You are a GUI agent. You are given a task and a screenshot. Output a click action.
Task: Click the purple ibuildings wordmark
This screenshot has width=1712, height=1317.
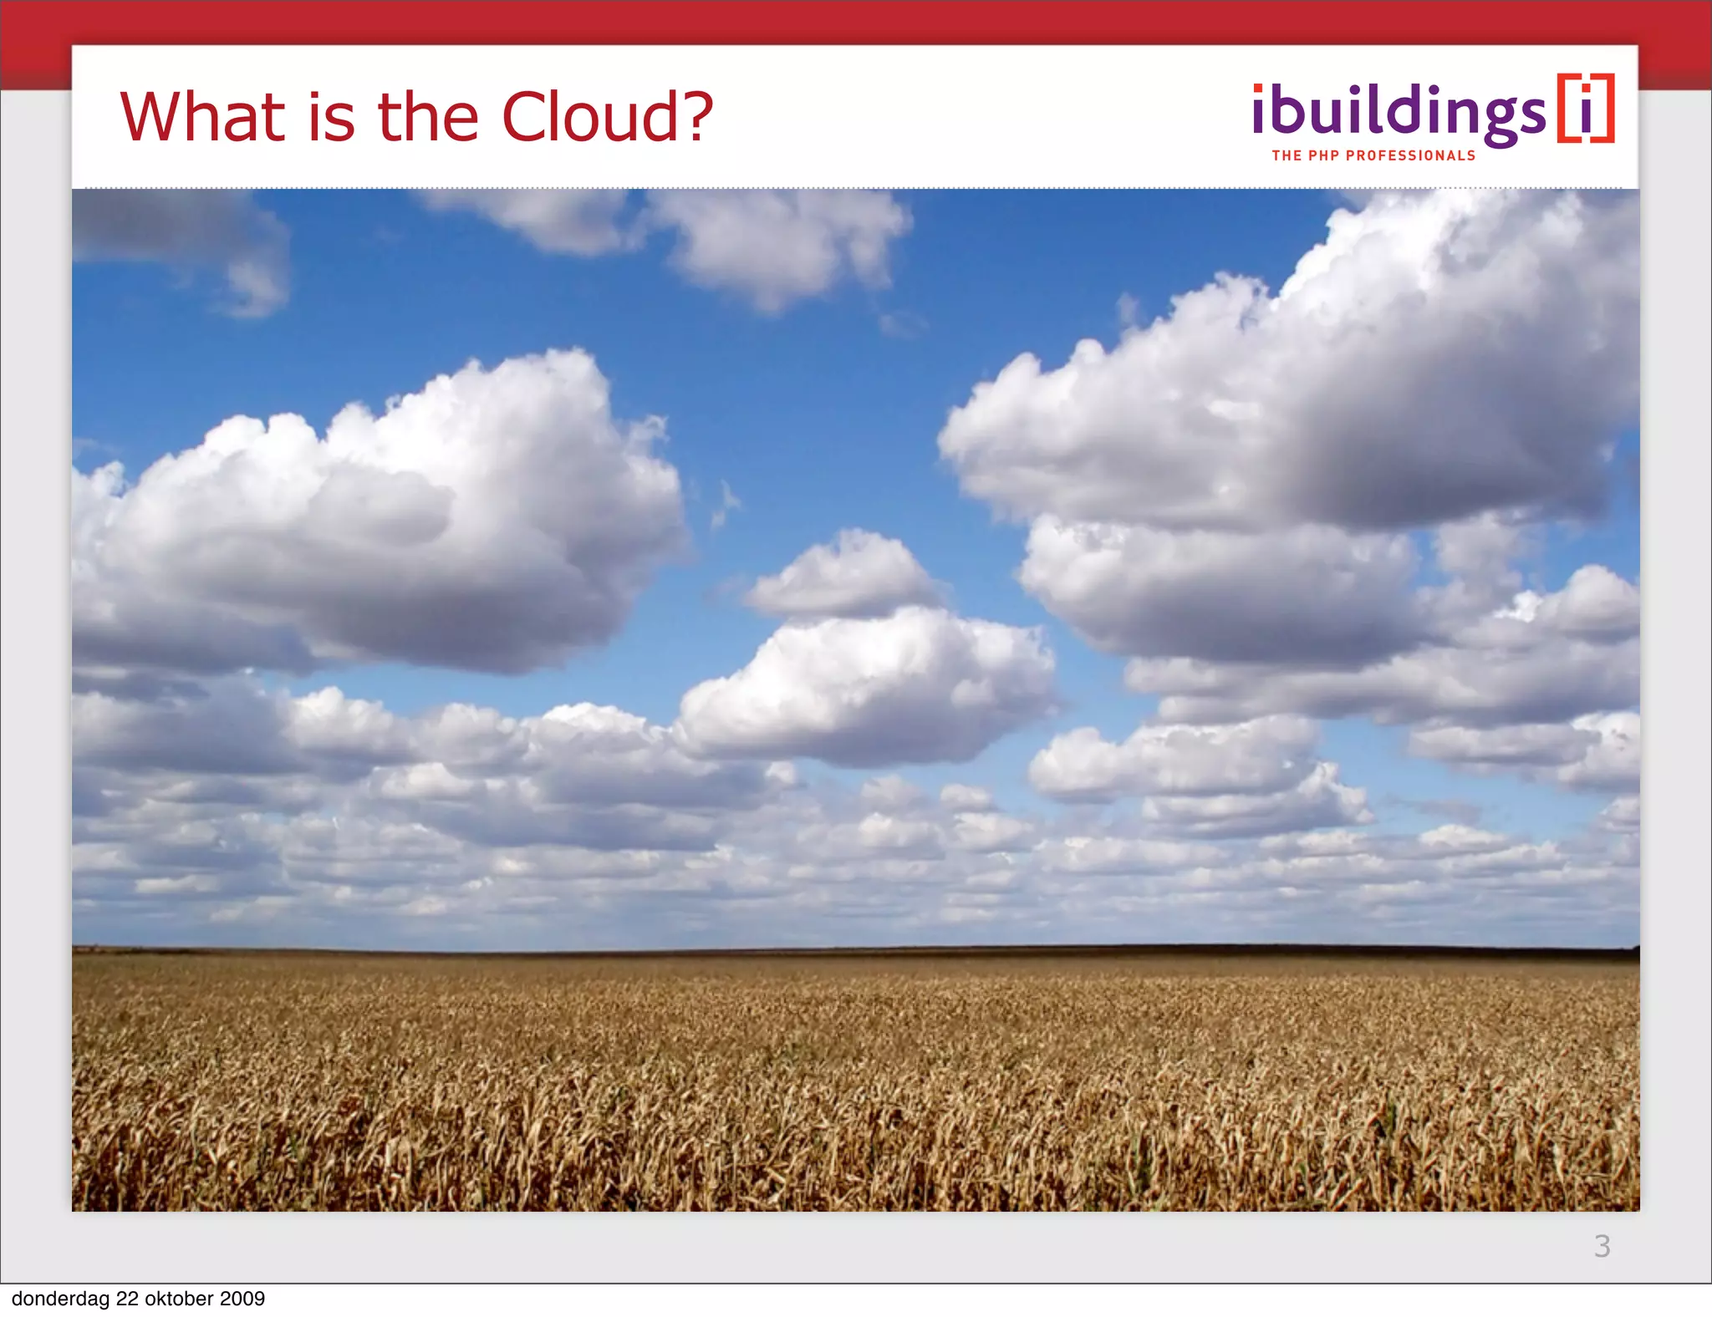[1399, 113]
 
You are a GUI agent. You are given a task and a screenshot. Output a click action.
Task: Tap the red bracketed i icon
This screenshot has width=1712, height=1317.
[1585, 109]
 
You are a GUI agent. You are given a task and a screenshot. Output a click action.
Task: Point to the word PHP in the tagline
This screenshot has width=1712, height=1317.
[1324, 155]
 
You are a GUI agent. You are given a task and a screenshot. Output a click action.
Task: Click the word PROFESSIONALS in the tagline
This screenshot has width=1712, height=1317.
[1410, 155]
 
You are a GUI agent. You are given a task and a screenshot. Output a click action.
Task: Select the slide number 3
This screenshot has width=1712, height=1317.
[1602, 1246]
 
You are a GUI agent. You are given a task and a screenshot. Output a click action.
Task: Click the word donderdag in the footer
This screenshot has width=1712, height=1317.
[60, 1299]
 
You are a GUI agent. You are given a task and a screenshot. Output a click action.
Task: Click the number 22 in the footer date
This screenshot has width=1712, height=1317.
[127, 1299]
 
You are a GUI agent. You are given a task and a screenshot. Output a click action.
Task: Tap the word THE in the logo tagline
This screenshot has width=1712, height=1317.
[1287, 155]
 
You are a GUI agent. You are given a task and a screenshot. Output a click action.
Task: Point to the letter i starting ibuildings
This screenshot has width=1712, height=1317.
[1260, 109]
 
